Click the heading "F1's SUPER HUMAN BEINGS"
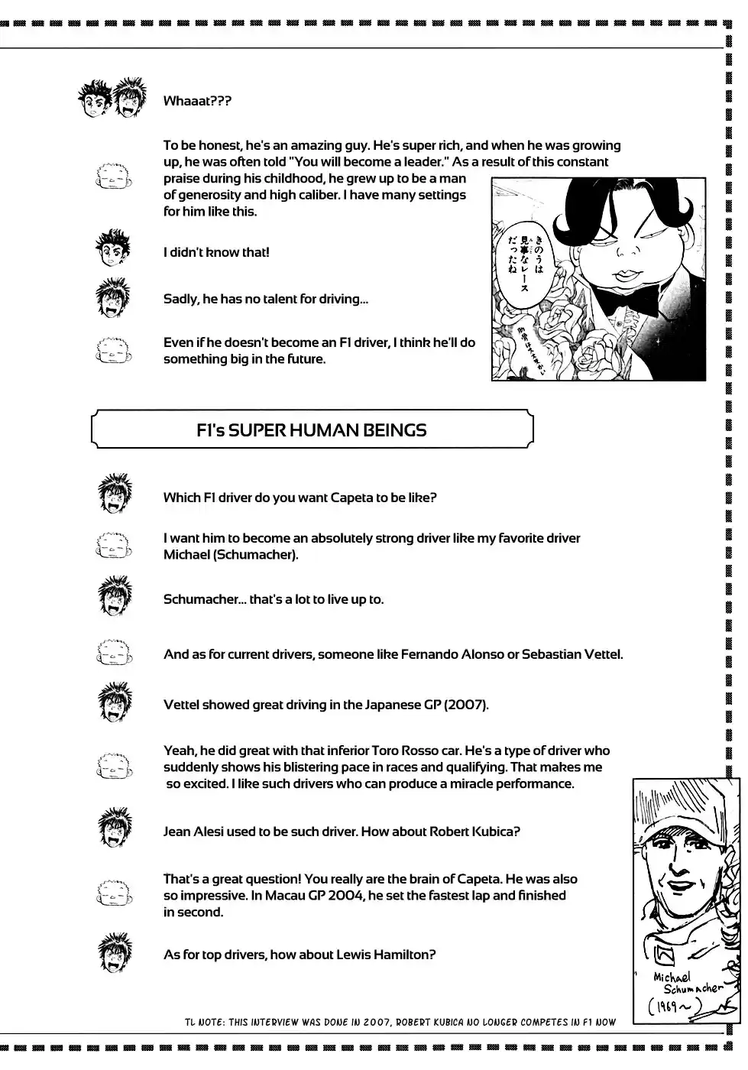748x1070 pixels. (x=311, y=430)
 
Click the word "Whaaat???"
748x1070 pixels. (x=197, y=101)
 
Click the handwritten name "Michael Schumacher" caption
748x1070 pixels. (x=687, y=983)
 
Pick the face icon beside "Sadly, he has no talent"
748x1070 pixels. (x=114, y=297)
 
